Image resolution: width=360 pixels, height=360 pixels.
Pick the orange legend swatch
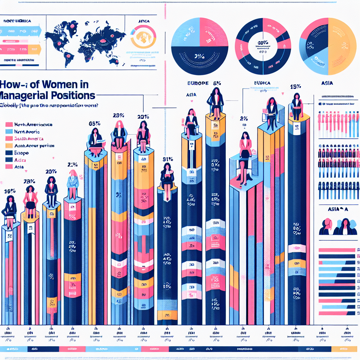click(x=9, y=146)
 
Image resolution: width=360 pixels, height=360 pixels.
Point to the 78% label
click(x=29, y=181)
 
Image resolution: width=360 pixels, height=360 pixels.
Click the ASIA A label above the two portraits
click(x=337, y=209)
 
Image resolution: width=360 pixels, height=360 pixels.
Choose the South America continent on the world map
click(x=67, y=56)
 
